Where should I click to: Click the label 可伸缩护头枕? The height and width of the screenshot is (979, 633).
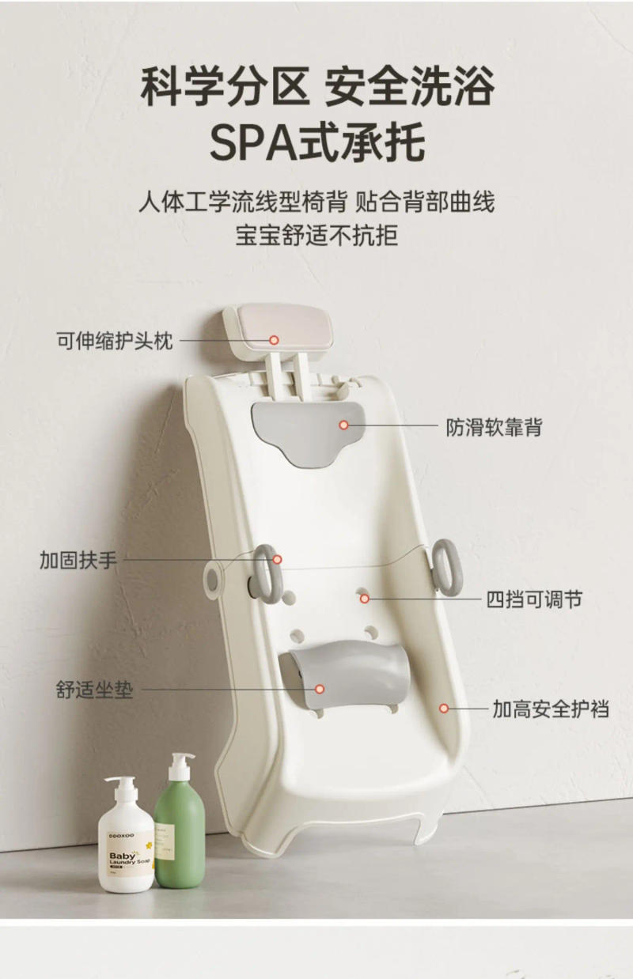114,341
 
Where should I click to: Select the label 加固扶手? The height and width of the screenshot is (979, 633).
78,560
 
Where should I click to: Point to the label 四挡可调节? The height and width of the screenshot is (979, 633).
535,599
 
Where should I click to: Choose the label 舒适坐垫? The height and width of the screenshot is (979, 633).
94,690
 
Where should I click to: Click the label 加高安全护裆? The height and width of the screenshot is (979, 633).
551,709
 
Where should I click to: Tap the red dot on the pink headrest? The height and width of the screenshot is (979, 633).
274,340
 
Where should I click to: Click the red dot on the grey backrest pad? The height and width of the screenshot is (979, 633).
344,425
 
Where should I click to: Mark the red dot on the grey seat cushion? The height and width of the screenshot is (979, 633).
320,690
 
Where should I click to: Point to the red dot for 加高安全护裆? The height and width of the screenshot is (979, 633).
445,709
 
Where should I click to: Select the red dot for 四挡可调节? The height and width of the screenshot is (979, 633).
365,599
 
